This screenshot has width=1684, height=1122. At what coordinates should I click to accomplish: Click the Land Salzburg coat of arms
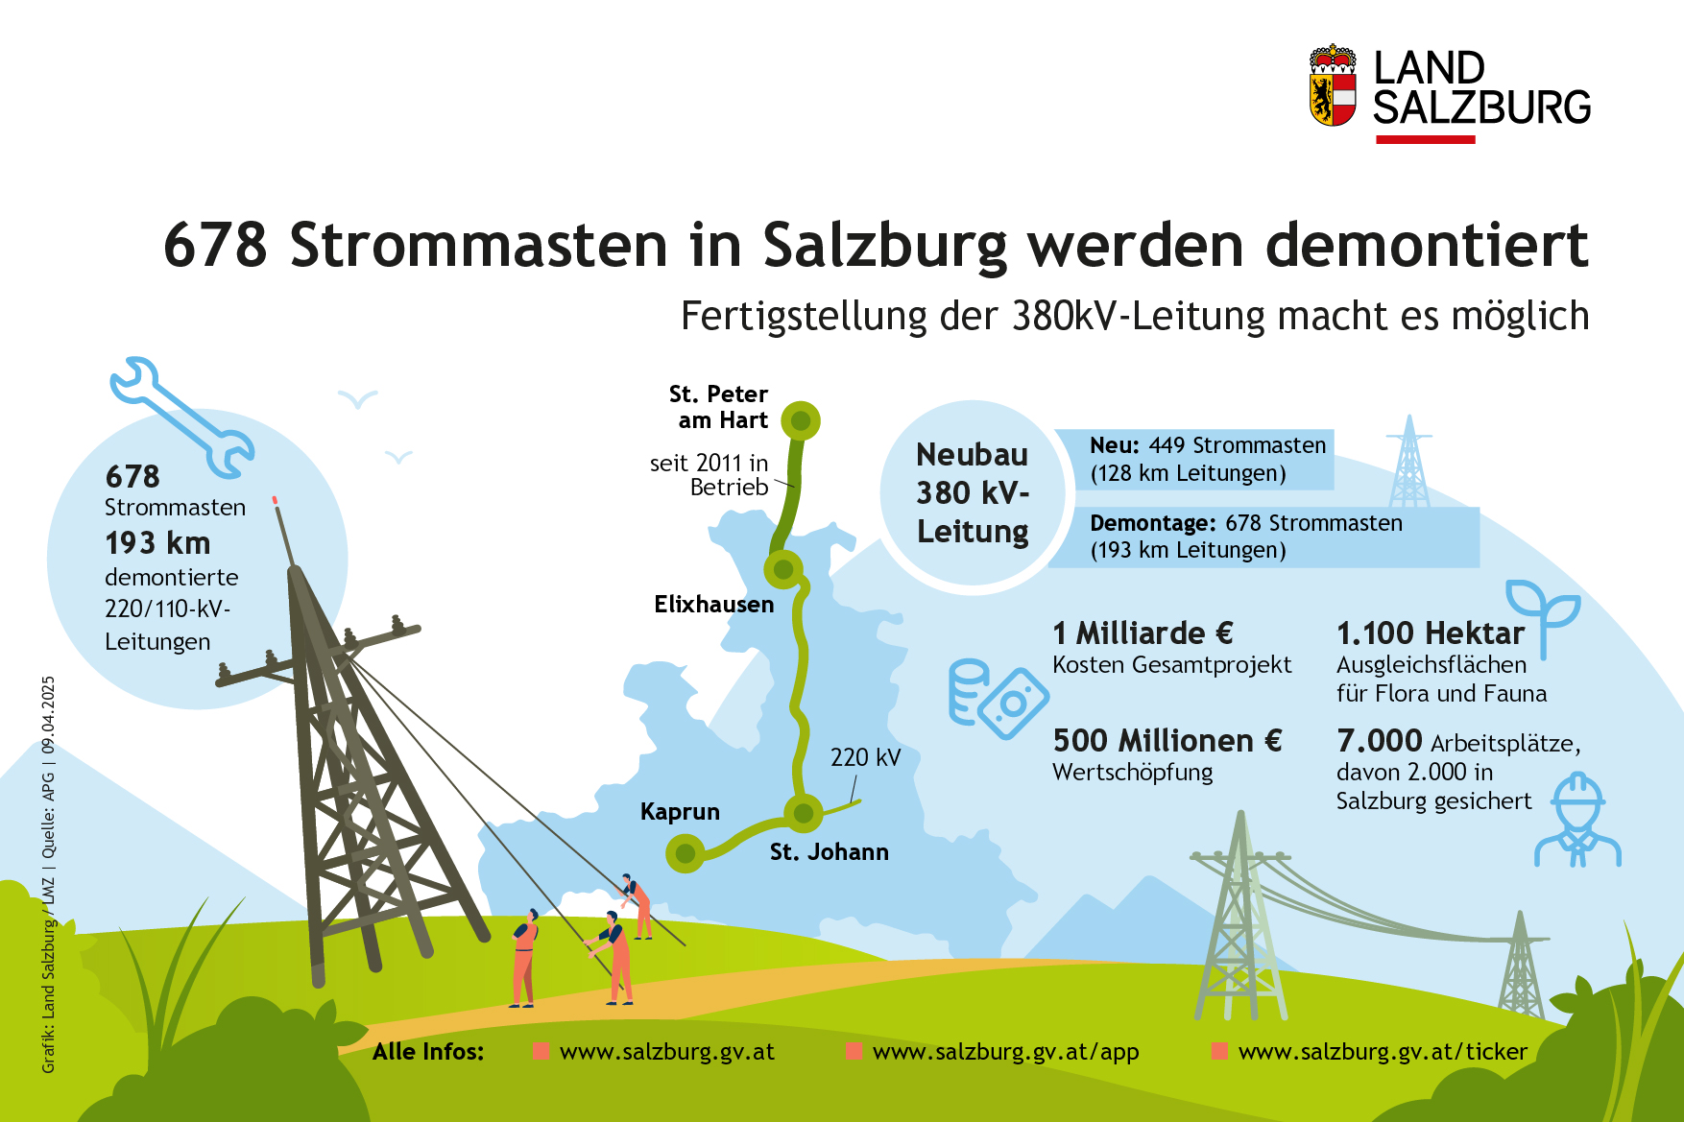tap(1333, 85)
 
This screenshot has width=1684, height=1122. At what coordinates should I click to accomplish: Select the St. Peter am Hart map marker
tap(801, 420)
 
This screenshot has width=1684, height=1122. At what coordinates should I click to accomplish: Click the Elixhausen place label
tap(714, 605)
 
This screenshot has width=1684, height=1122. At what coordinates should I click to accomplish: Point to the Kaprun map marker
tap(686, 852)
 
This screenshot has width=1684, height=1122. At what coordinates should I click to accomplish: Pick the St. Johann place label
tap(830, 852)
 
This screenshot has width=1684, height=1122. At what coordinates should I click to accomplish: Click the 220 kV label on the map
tap(866, 757)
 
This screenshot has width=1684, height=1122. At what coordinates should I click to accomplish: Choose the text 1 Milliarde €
tap(1143, 633)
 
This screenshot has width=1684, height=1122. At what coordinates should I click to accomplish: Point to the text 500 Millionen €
tap(1167, 741)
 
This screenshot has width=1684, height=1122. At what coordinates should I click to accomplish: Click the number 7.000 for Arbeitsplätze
tap(1379, 741)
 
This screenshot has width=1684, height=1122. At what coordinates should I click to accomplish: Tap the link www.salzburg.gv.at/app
tap(1006, 1052)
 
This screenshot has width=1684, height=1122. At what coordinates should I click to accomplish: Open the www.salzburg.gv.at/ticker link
tap(1383, 1052)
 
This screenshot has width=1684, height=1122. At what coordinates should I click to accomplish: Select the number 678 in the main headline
tap(215, 245)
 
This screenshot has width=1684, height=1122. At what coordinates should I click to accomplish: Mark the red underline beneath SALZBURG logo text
tap(1425, 139)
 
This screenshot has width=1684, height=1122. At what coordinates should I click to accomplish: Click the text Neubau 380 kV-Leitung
tap(973, 493)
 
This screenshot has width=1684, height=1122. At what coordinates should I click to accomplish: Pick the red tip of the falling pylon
tap(275, 500)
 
